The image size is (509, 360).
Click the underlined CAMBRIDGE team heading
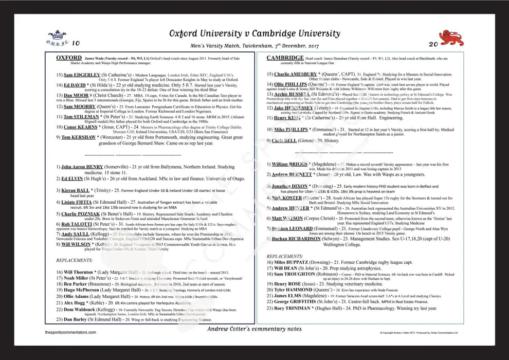pyautogui.click(x=285, y=58)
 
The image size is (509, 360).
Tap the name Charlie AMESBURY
pyautogui.click(x=296, y=75)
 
